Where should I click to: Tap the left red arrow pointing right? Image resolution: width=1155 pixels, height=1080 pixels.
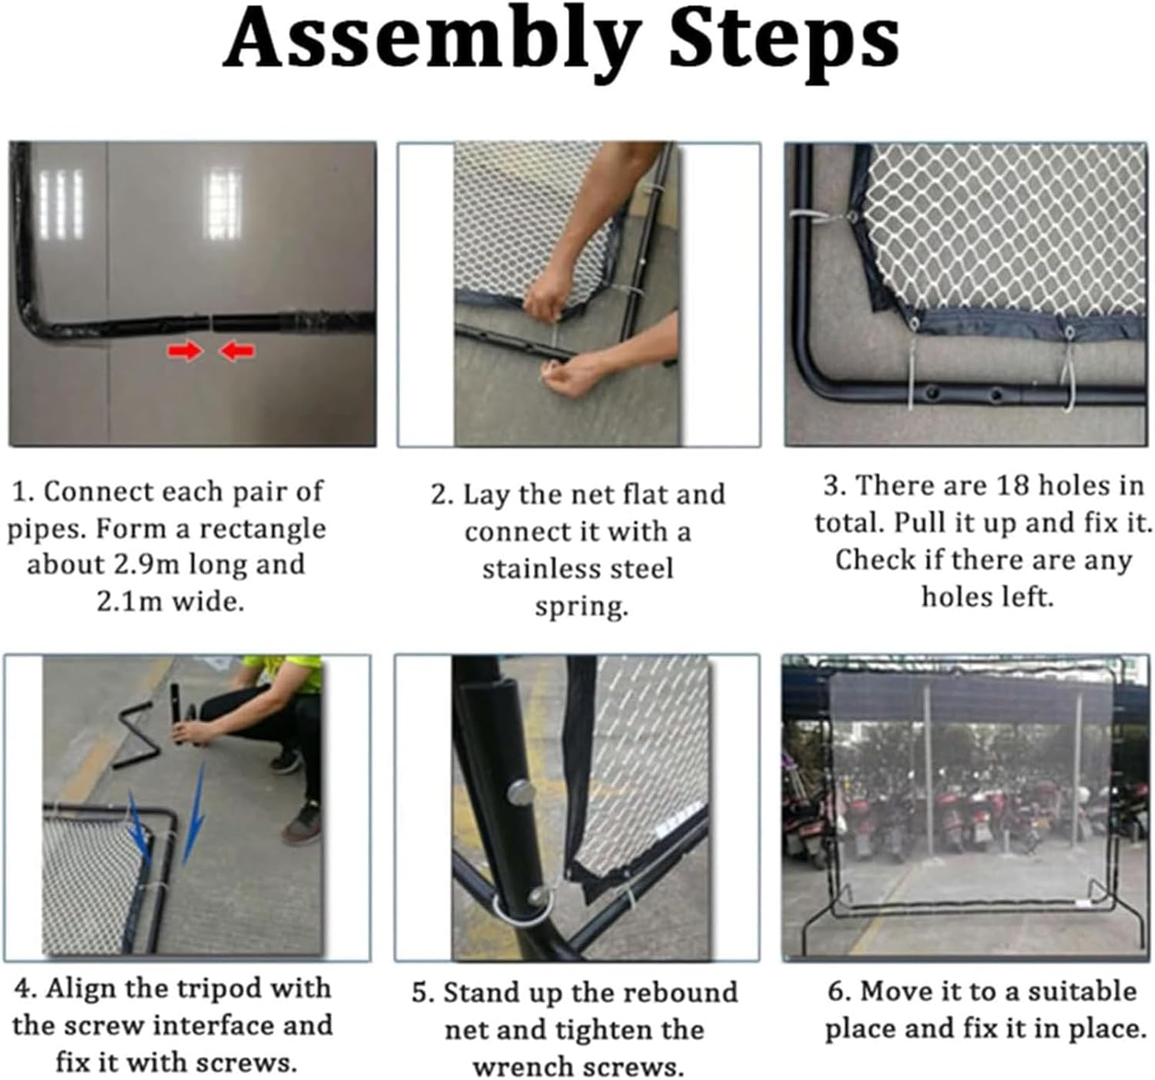[x=185, y=350]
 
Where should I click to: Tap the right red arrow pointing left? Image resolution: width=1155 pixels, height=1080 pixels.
[x=236, y=350]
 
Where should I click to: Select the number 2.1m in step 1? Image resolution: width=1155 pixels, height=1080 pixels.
[x=129, y=601]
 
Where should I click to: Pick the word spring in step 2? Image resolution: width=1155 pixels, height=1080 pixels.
[x=581, y=607]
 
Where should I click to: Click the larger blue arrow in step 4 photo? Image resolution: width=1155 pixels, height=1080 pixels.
[x=194, y=813]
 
